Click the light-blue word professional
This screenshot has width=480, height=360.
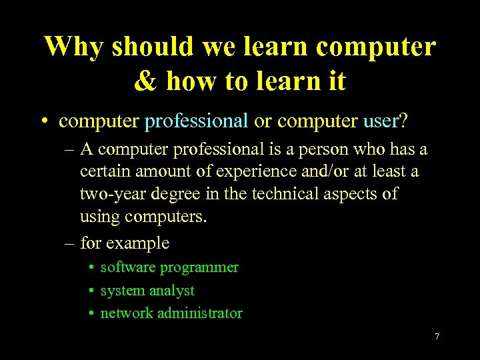pyautogui.click(x=196, y=121)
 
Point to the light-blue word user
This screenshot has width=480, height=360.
pyautogui.click(x=381, y=121)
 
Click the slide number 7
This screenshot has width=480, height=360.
pyautogui.click(x=437, y=337)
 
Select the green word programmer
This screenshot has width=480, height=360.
pyautogui.click(x=199, y=267)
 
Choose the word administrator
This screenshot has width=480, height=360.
pyautogui.click(x=200, y=313)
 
